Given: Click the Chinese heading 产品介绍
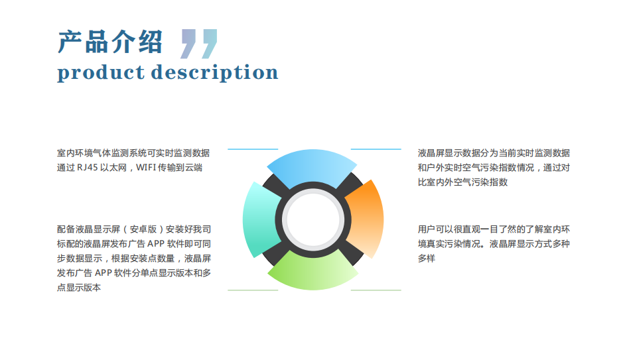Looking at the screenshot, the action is [110, 42].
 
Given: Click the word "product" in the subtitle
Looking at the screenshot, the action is [101, 73].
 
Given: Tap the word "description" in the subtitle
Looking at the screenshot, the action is [214, 72].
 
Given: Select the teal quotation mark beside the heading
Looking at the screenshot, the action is [209, 44].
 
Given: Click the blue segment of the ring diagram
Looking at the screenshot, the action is [312, 166].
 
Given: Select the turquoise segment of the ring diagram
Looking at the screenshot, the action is [260, 219].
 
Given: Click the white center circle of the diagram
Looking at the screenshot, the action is [313, 219].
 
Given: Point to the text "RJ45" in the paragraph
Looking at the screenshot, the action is [87, 168].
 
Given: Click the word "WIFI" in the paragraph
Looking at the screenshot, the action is [146, 168].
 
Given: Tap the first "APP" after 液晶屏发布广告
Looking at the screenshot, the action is [156, 244].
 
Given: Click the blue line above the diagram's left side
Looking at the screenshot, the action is [253, 149].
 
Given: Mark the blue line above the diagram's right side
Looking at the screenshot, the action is [376, 149].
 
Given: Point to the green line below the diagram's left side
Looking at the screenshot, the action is [253, 290].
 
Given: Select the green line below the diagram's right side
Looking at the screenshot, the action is [376, 290].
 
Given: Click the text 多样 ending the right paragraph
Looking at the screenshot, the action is [427, 259].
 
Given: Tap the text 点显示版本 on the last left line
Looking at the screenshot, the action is [79, 288].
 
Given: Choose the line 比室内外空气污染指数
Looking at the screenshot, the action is [462, 182].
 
